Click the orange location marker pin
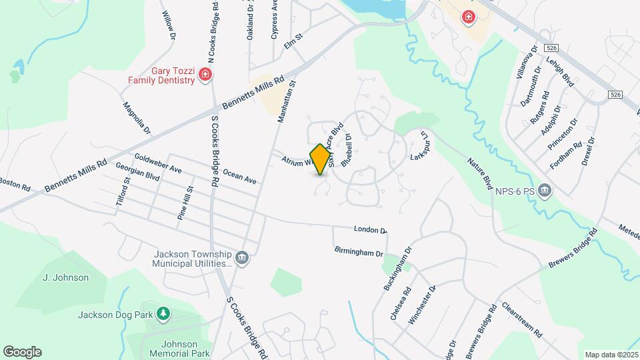321,159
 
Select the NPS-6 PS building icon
545,192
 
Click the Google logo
22,352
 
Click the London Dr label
370,229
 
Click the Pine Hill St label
185,203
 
